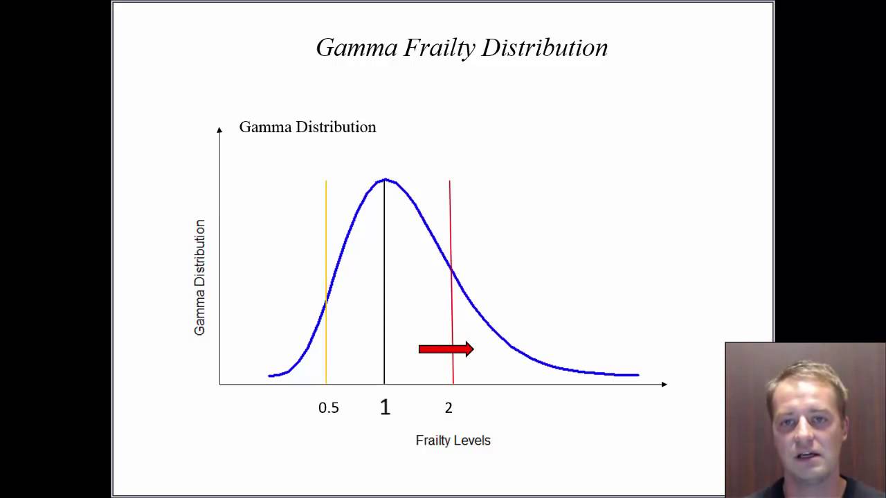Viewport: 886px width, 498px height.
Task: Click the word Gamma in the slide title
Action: pos(356,48)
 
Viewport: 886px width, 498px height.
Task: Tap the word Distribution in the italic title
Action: pos(545,48)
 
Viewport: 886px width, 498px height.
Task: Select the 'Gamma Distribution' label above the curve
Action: pos(307,127)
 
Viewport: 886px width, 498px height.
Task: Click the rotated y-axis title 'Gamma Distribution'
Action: pos(199,277)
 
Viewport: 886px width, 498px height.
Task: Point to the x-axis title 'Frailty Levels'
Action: pos(453,441)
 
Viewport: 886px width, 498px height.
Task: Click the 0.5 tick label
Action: pos(329,408)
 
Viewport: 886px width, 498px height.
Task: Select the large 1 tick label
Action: pos(385,407)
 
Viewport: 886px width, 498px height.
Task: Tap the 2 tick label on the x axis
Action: pos(449,408)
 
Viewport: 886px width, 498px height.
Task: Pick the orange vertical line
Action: pos(326,242)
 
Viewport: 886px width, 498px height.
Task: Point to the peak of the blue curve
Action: pos(386,180)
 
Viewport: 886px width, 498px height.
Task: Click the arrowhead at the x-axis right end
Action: pos(664,384)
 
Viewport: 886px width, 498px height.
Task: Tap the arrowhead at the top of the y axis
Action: pos(219,129)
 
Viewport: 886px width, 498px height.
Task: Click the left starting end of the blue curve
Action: pos(269,376)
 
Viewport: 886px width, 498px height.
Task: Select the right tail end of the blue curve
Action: pos(638,375)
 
